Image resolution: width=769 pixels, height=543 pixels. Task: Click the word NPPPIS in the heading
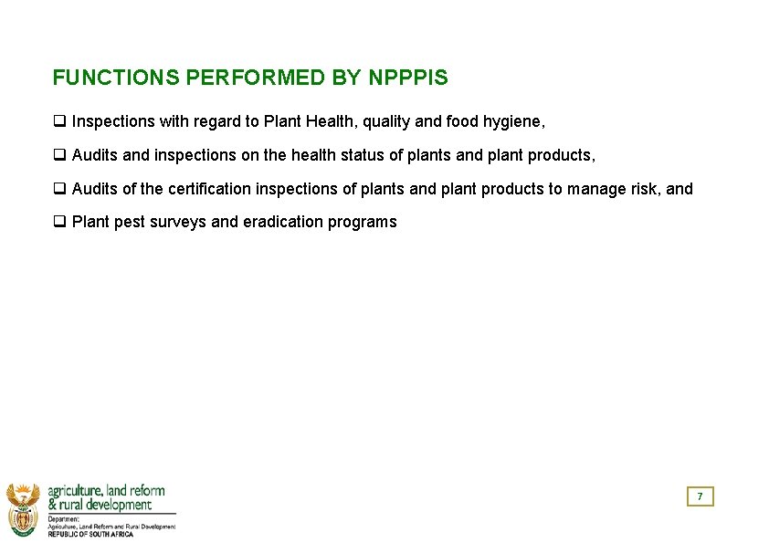(x=408, y=78)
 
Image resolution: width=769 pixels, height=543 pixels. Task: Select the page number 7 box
(x=700, y=496)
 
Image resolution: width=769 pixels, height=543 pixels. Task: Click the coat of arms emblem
(x=24, y=509)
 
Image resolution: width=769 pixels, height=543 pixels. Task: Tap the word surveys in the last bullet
(x=180, y=222)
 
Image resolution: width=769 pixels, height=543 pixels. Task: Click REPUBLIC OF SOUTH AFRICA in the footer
(x=90, y=534)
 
